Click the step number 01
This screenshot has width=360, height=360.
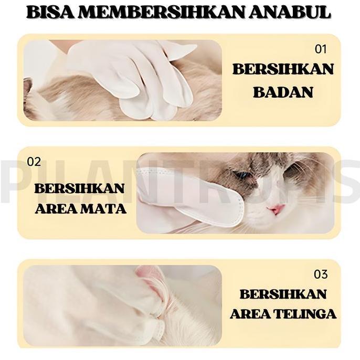point(321,49)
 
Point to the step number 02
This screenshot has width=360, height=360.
point(34,162)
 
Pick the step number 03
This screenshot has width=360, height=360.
point(320,274)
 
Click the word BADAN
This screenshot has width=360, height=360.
point(283,92)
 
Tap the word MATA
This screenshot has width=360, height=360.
point(104,209)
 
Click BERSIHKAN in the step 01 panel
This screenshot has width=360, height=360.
point(283,69)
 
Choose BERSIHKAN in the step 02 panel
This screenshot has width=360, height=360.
point(80,188)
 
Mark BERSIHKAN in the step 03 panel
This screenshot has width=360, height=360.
point(283,294)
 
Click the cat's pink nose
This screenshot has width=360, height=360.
point(277,209)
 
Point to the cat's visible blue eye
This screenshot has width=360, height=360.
point(243,175)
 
